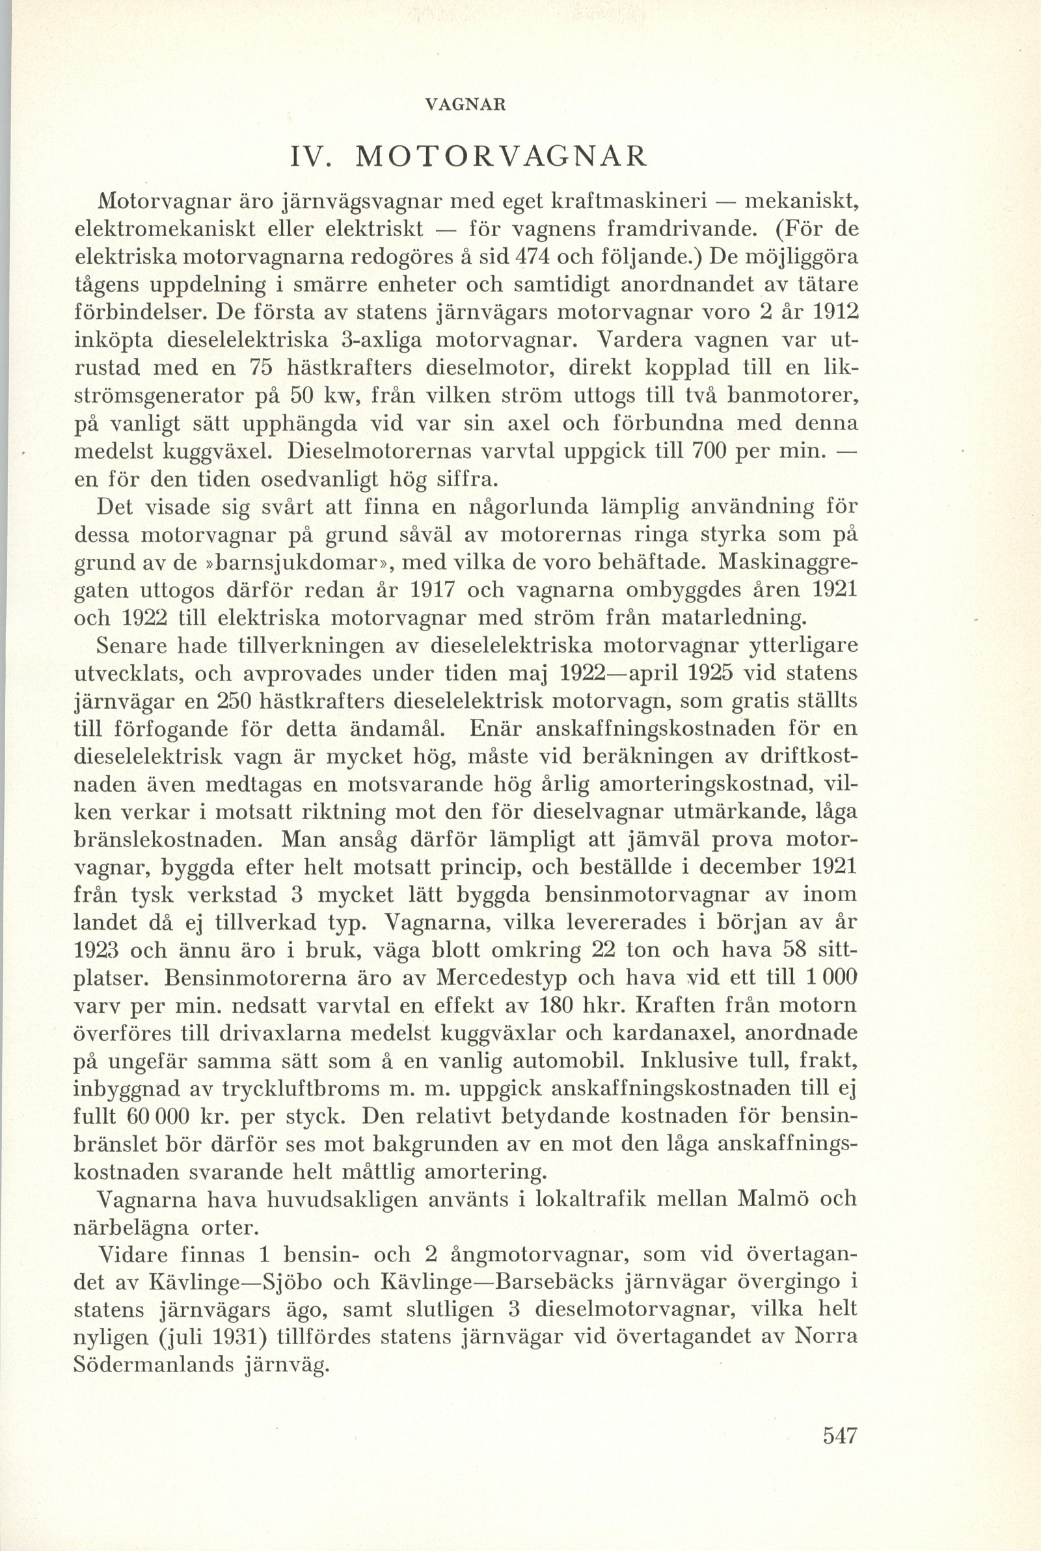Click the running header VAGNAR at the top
[474, 105]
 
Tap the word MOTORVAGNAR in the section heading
[500, 157]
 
